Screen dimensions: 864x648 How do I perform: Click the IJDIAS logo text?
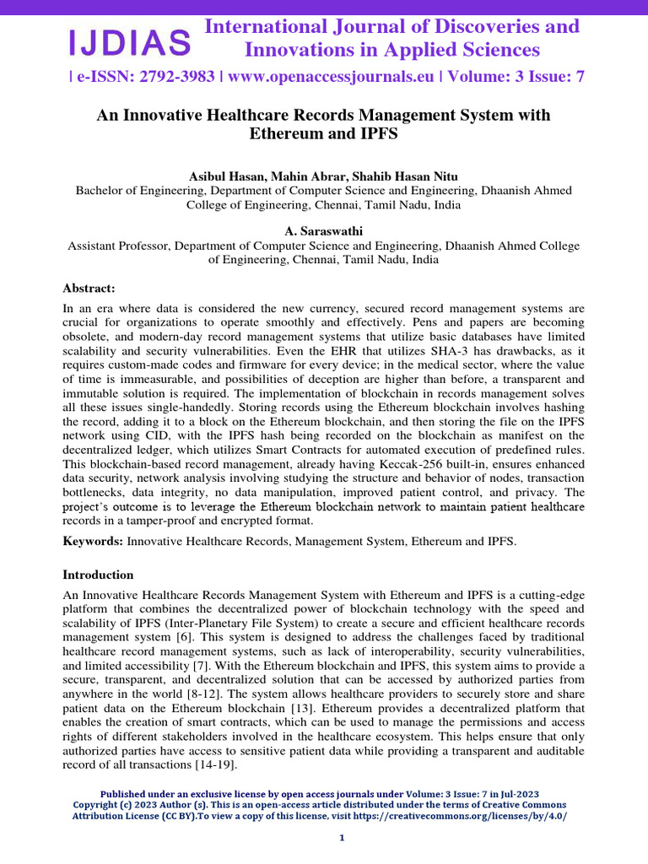point(129,40)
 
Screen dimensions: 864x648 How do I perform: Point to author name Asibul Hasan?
point(230,175)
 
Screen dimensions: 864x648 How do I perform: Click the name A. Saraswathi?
point(323,231)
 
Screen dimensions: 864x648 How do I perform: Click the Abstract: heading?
point(91,288)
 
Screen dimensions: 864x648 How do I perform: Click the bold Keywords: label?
point(93,539)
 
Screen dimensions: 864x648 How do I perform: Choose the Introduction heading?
point(98,575)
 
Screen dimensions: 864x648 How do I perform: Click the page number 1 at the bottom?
point(342,838)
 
